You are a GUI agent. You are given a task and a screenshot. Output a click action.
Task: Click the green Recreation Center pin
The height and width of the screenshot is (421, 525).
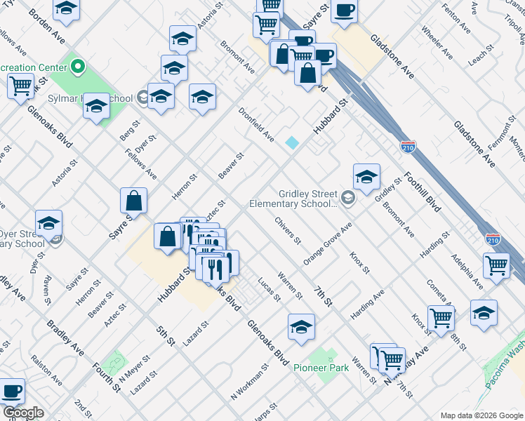click(77, 67)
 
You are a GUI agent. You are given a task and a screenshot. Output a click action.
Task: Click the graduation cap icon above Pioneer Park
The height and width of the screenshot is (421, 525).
click(301, 327)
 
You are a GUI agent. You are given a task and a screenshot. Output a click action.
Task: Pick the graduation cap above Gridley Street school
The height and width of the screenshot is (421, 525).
click(366, 178)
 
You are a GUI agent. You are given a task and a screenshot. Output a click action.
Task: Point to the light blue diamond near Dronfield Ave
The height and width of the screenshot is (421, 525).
click(292, 142)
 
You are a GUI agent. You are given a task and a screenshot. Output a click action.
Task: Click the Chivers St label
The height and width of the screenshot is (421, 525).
click(288, 231)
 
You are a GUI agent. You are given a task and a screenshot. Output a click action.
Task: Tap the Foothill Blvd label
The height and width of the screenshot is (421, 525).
click(423, 194)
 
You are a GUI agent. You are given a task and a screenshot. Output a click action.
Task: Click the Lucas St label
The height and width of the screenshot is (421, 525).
click(269, 288)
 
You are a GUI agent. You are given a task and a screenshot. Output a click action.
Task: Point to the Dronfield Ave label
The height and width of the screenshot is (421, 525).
click(255, 124)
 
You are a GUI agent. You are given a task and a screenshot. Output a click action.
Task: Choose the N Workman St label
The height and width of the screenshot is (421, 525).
click(250, 382)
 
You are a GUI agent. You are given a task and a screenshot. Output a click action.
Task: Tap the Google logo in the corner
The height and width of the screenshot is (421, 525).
click(23, 413)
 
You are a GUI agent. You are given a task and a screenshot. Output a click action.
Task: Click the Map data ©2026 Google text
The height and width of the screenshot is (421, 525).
click(480, 415)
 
